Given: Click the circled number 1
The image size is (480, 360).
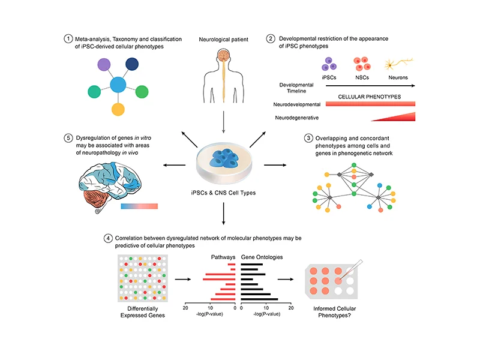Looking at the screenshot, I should (68, 39).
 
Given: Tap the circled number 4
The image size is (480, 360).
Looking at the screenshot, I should (107, 238).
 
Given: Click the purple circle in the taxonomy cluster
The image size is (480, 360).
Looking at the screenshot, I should (104, 65).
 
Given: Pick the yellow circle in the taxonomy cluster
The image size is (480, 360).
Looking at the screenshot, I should (118, 109).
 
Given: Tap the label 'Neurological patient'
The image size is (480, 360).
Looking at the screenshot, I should (223, 40).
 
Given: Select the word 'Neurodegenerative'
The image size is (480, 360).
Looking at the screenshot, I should (296, 118).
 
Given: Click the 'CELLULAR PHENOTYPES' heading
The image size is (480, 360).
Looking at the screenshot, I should (369, 97).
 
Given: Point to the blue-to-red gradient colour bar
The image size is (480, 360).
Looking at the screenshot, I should (139, 206).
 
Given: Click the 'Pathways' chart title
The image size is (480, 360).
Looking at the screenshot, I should (222, 256).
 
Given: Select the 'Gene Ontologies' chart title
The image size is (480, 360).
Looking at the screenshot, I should (262, 256).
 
